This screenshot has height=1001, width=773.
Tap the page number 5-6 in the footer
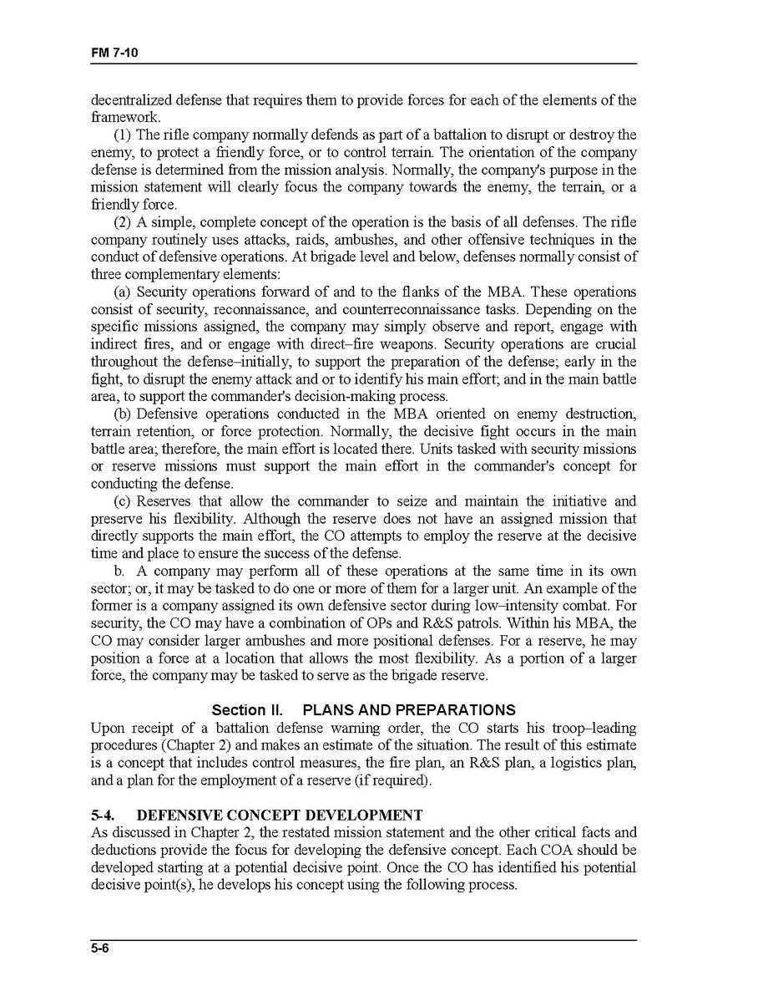coord(101,949)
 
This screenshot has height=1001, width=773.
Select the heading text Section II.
coord(247,710)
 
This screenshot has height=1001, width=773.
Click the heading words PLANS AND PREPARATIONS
coord(408,710)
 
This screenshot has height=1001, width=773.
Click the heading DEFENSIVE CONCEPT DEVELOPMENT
coord(280,815)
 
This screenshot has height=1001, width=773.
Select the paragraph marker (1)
coord(122,135)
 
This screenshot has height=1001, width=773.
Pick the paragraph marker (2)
coord(122,222)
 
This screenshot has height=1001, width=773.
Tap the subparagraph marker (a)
coord(122,292)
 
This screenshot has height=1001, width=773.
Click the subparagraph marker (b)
coord(122,414)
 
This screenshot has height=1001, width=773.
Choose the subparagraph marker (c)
coord(122,501)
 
